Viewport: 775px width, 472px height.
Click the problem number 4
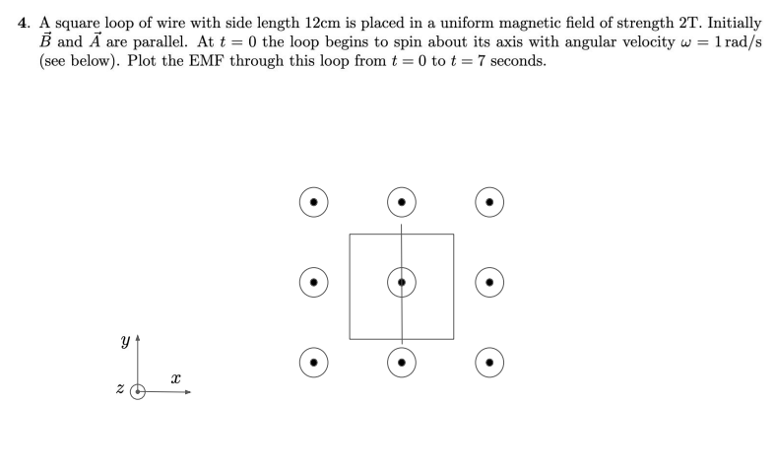pos(24,22)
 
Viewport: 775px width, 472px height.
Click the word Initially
pos(731,22)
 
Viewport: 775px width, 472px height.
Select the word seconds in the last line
pos(512,61)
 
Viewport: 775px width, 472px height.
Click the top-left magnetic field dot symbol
pos(313,202)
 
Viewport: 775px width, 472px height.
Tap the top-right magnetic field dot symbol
pos(489,202)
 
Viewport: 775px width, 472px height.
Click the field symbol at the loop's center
pos(401,282)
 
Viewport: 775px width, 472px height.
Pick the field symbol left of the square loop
pos(313,282)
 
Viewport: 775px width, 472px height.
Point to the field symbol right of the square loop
pos(489,282)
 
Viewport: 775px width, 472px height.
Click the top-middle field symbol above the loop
pos(401,202)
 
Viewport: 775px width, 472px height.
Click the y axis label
pos(124,342)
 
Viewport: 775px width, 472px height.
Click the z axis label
pos(120,391)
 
